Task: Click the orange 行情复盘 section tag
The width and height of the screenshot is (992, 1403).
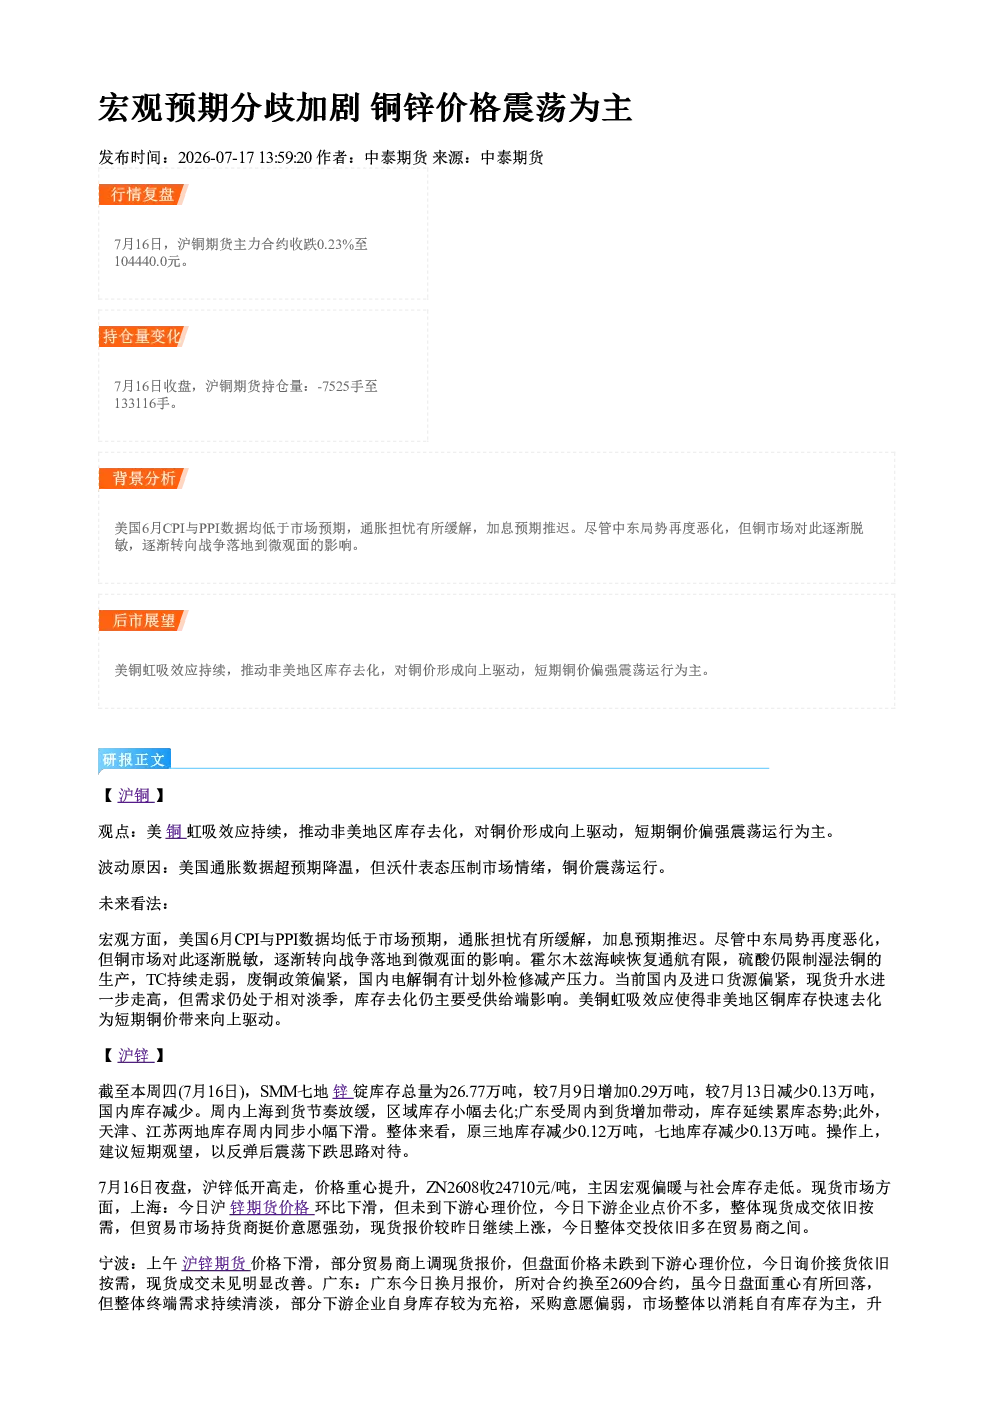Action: point(143,195)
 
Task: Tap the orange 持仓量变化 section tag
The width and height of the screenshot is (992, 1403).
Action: point(143,337)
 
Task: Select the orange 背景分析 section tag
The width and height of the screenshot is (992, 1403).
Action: point(143,479)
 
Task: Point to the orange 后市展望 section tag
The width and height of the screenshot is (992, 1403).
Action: point(143,621)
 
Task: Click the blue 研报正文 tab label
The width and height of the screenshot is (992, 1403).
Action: point(134,760)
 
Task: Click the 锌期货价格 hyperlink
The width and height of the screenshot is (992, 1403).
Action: point(272,1208)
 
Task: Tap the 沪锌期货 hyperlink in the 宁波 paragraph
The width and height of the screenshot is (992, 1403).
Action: point(216,1263)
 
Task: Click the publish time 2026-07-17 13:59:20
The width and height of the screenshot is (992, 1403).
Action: point(245,158)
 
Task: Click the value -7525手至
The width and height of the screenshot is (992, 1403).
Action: point(348,386)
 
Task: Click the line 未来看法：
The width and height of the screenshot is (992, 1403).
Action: point(134,903)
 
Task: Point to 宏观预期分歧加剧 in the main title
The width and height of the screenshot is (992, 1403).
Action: point(229,108)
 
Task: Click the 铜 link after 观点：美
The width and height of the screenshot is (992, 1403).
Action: point(175,832)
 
